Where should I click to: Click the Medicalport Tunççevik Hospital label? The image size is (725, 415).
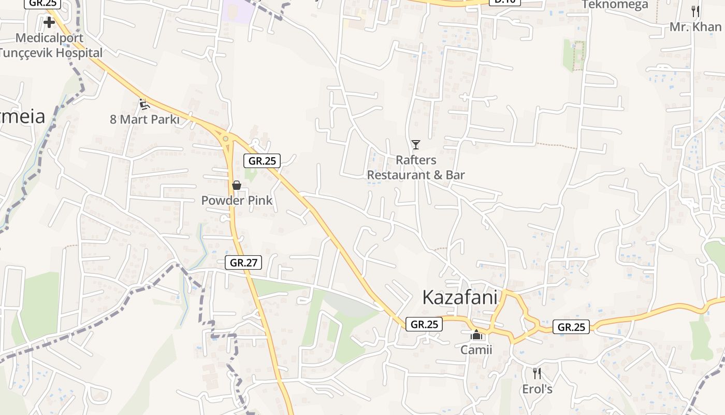click(x=51, y=45)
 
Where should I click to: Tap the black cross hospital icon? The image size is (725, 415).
click(x=49, y=22)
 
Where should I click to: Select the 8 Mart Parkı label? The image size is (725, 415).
click(x=144, y=119)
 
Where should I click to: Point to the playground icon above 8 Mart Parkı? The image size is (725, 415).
click(x=144, y=104)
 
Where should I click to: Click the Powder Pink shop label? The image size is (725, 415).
click(x=237, y=200)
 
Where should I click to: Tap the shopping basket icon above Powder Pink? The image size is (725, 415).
click(x=237, y=185)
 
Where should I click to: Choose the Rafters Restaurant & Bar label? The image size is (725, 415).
click(x=416, y=167)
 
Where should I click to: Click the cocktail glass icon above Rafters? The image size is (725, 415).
click(x=416, y=144)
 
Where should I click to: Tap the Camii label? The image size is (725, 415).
click(x=476, y=350)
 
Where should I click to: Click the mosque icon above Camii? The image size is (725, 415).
click(x=476, y=335)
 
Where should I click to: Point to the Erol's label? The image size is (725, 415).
click(x=537, y=389)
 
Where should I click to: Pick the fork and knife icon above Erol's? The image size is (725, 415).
click(x=537, y=373)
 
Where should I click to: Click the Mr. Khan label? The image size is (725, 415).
click(x=695, y=26)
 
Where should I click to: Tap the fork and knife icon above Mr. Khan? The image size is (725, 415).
click(x=695, y=11)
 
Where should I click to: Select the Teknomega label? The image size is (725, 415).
click(x=615, y=5)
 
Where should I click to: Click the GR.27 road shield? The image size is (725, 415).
click(x=243, y=262)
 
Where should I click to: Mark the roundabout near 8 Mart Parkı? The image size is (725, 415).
click(x=225, y=138)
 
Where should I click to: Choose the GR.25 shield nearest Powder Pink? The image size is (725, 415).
click(x=262, y=161)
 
